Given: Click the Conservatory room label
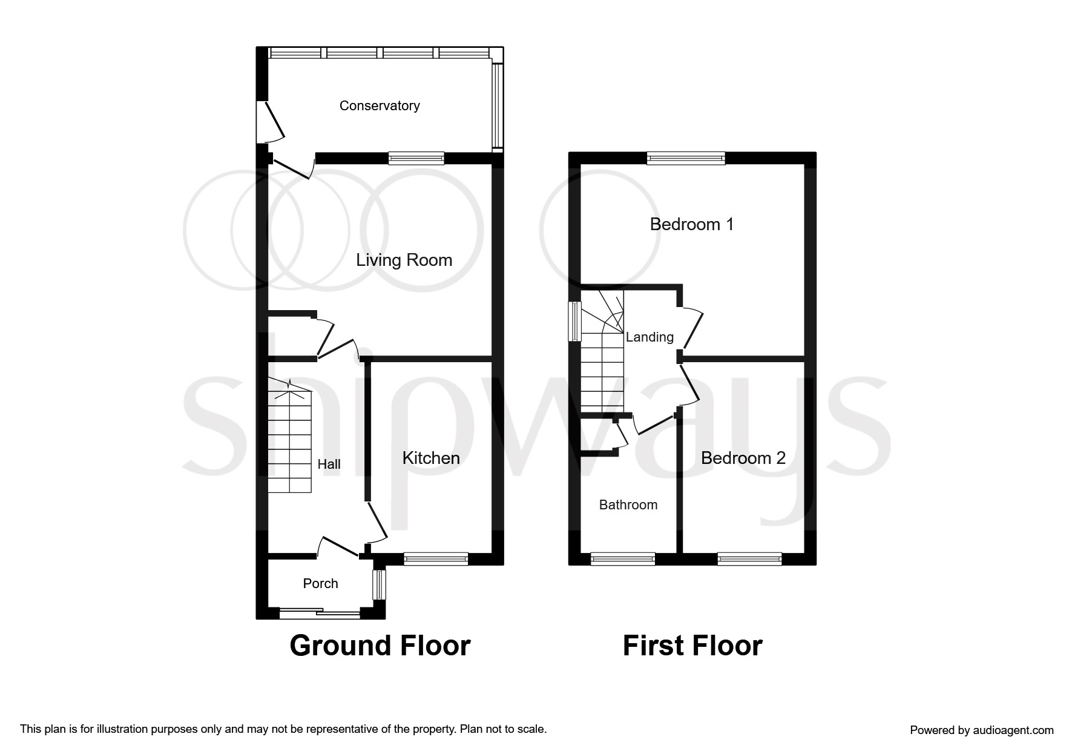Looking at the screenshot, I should [380, 106].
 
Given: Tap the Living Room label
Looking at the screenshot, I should [404, 260].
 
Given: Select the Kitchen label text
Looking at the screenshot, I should [431, 458].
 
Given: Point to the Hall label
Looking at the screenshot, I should [329, 465].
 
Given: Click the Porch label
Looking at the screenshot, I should [320, 584].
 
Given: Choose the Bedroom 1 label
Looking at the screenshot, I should [691, 225].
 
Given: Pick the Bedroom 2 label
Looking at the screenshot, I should [743, 458].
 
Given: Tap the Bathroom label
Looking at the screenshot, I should [628, 505].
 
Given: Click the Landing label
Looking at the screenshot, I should [649, 337].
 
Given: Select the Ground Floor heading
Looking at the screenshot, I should [380, 646].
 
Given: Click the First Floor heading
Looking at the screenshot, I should [692, 646].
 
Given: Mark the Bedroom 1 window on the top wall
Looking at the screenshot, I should [685, 159].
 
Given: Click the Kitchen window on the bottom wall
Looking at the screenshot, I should [436, 559].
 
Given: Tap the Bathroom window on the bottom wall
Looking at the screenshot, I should [622, 559].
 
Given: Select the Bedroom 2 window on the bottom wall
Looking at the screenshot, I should [749, 559].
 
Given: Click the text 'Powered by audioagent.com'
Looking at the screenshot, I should [981, 730].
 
